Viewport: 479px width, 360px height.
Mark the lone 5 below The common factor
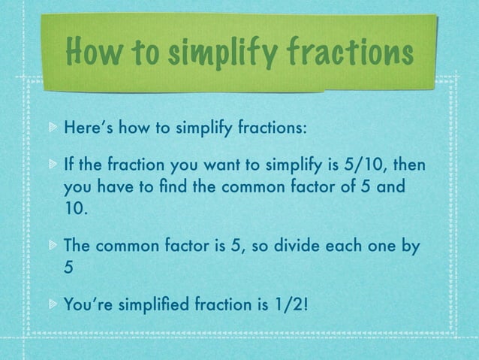point(68,268)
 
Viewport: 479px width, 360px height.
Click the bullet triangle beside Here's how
point(52,128)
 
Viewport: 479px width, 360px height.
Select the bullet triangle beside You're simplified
point(52,305)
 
